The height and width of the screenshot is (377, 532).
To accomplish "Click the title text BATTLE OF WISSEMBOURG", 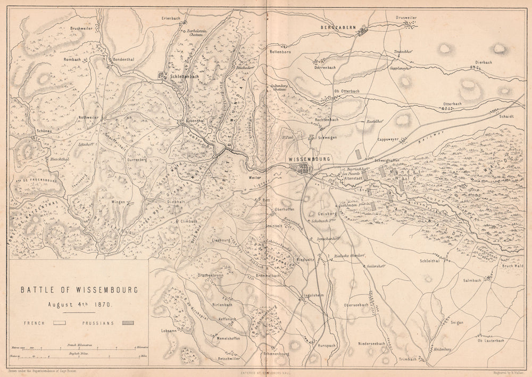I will [79, 290].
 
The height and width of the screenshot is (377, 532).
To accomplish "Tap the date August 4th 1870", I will [78, 306].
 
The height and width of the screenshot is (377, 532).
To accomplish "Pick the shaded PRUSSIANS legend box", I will [128, 323].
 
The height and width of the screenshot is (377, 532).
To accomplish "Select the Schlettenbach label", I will [185, 76].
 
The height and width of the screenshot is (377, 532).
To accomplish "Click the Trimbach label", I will [407, 359].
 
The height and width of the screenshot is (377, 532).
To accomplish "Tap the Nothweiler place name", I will [89, 117].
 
